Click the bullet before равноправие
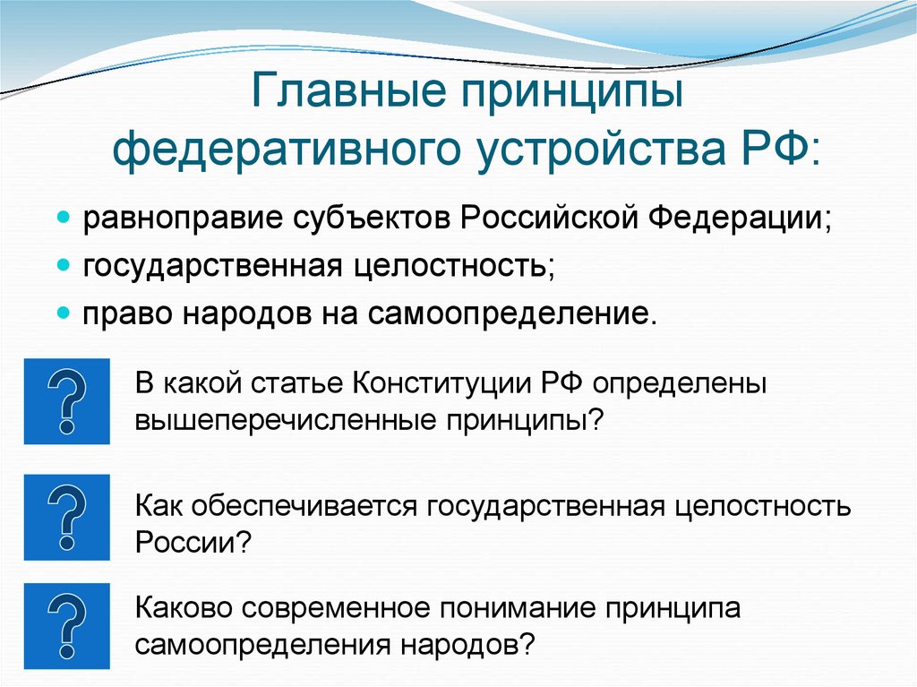(64, 219)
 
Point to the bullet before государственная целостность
(64, 266)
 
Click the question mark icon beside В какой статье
(66, 401)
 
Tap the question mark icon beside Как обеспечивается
(66, 518)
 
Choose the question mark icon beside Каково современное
(66, 625)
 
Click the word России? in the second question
(193, 542)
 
